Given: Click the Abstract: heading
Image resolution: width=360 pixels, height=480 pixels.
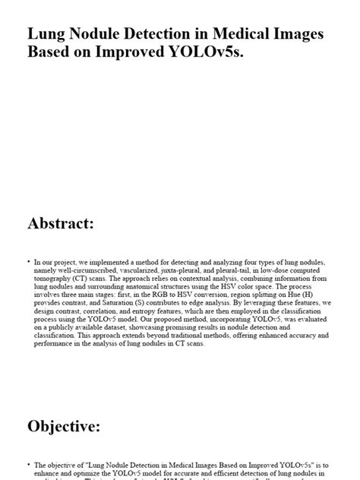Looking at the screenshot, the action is coord(61,223).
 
